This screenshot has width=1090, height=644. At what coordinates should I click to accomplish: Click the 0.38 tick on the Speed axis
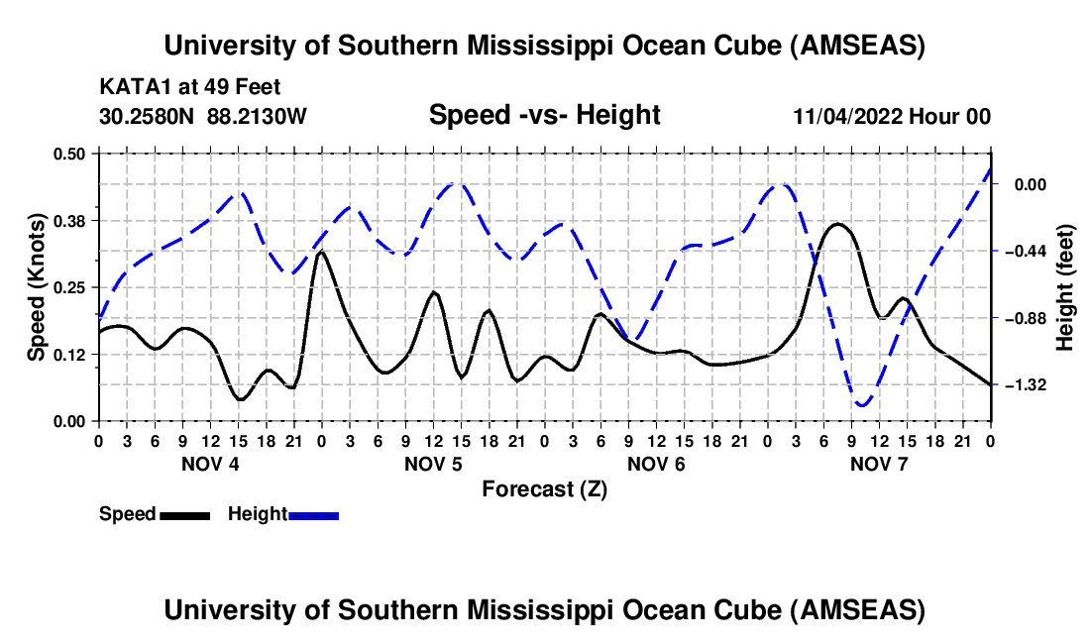(x=72, y=220)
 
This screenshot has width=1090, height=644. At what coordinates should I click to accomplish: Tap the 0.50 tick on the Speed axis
(x=72, y=154)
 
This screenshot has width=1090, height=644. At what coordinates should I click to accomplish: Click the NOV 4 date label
(x=209, y=464)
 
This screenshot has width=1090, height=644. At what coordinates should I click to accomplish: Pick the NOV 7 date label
(x=879, y=464)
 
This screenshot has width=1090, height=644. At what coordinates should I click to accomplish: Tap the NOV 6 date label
(x=656, y=464)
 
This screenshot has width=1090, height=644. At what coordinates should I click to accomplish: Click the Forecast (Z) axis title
(x=544, y=488)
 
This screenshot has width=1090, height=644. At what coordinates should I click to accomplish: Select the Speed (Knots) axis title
(x=36, y=287)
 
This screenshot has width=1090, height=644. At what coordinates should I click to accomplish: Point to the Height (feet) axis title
(x=1065, y=287)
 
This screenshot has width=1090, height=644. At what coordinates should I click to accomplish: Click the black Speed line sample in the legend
(x=184, y=515)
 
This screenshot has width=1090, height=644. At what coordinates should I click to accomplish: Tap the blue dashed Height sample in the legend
(x=313, y=515)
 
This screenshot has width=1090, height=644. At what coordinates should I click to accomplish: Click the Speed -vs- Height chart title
(x=544, y=115)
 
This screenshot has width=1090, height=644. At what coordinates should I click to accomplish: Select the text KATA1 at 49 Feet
(x=189, y=87)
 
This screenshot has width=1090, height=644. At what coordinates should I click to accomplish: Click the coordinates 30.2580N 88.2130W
(x=203, y=116)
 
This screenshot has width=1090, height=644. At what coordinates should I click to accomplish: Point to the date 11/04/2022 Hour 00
(x=892, y=116)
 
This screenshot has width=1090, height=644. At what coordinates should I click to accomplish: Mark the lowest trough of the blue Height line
(x=862, y=405)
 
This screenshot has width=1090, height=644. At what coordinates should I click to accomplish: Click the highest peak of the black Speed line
(x=838, y=224)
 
